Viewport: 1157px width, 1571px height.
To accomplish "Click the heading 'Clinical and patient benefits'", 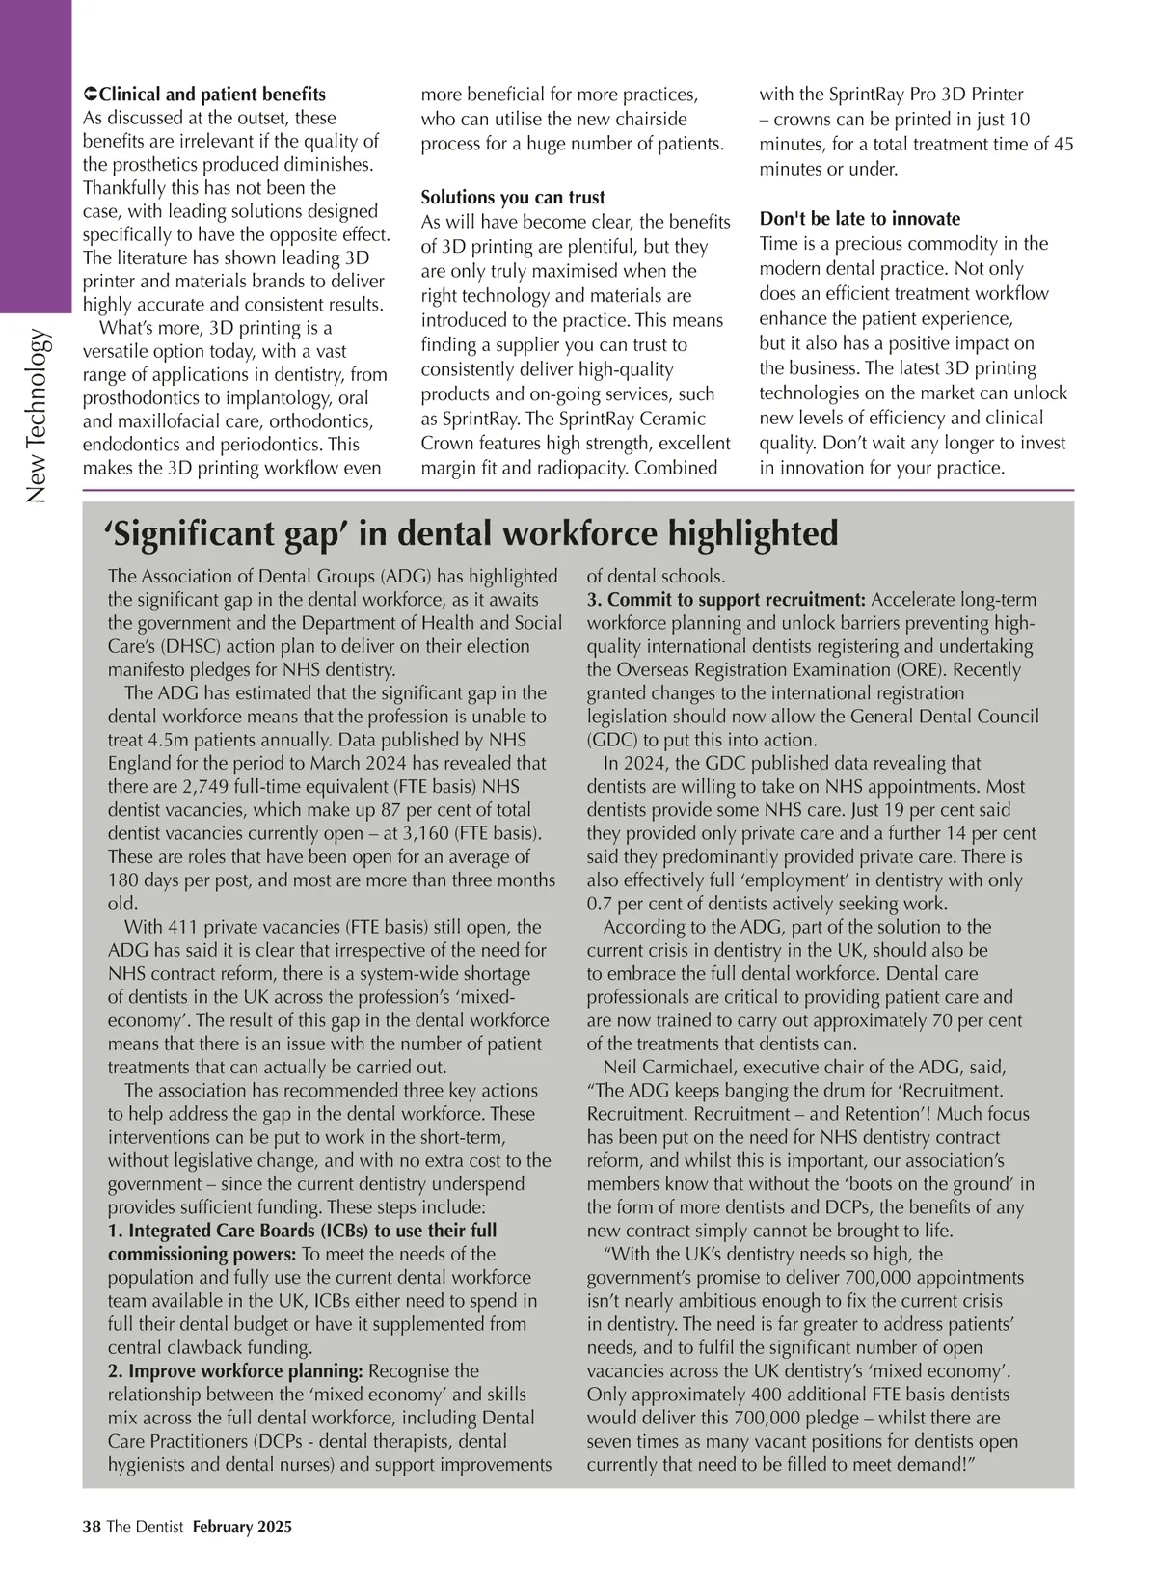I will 212,95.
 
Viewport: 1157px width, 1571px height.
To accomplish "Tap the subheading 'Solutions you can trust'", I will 513,198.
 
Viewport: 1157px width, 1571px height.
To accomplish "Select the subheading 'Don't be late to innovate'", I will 860,219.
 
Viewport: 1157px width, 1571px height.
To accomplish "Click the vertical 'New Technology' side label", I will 37,416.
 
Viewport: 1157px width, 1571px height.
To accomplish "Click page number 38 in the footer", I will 92,1527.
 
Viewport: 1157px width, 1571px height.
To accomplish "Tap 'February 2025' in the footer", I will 242,1527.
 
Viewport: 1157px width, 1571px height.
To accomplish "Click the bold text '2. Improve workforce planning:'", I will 235,1371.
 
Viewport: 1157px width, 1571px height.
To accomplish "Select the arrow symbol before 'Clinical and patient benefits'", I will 90,95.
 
